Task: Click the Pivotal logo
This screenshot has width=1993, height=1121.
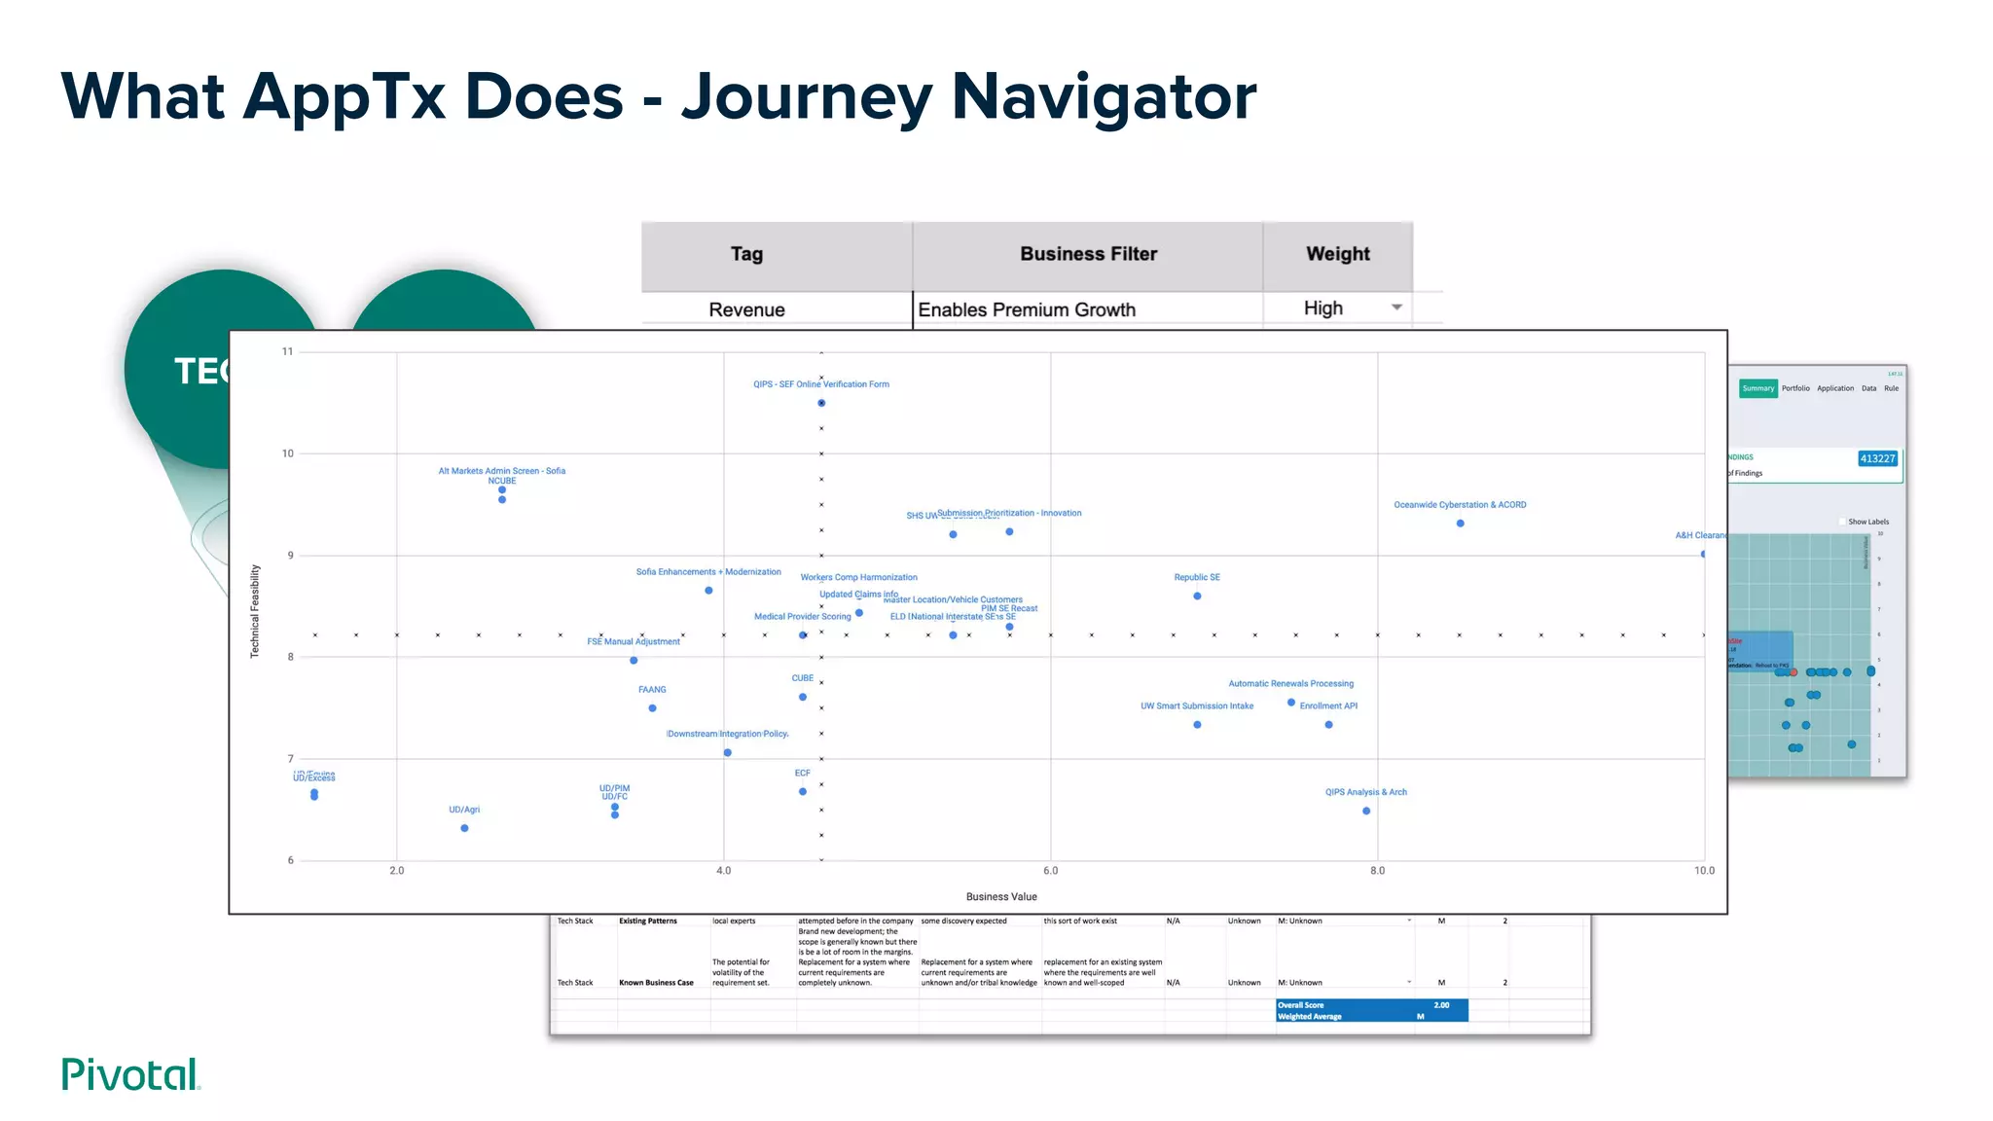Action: (130, 1074)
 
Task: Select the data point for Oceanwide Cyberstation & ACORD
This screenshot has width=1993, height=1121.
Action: (1460, 524)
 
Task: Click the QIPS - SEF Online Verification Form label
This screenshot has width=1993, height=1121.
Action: (820, 384)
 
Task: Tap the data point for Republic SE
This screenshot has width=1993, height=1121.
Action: (1197, 596)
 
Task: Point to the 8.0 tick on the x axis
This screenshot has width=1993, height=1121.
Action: (1377, 871)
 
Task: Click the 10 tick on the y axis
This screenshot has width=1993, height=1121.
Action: (287, 453)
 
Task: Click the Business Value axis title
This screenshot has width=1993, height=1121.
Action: (1000, 897)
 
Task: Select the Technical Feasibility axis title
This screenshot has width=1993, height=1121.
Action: (255, 611)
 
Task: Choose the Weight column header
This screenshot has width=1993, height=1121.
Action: (1337, 254)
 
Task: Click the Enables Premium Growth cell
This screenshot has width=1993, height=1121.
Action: (1027, 309)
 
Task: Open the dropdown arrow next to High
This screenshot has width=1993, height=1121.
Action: (1396, 307)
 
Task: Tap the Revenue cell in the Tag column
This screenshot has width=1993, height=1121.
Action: (746, 309)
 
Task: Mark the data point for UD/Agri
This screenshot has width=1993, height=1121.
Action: (464, 828)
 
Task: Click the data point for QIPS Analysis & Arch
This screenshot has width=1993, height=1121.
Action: (1366, 811)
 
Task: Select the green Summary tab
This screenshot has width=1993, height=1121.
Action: (1757, 388)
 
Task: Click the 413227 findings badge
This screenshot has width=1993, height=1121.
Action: (1877, 458)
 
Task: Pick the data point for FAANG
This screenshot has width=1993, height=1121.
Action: (652, 708)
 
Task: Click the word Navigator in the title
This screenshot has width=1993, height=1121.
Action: (1104, 97)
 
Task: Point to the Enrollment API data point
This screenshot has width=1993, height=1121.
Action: (1328, 725)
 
